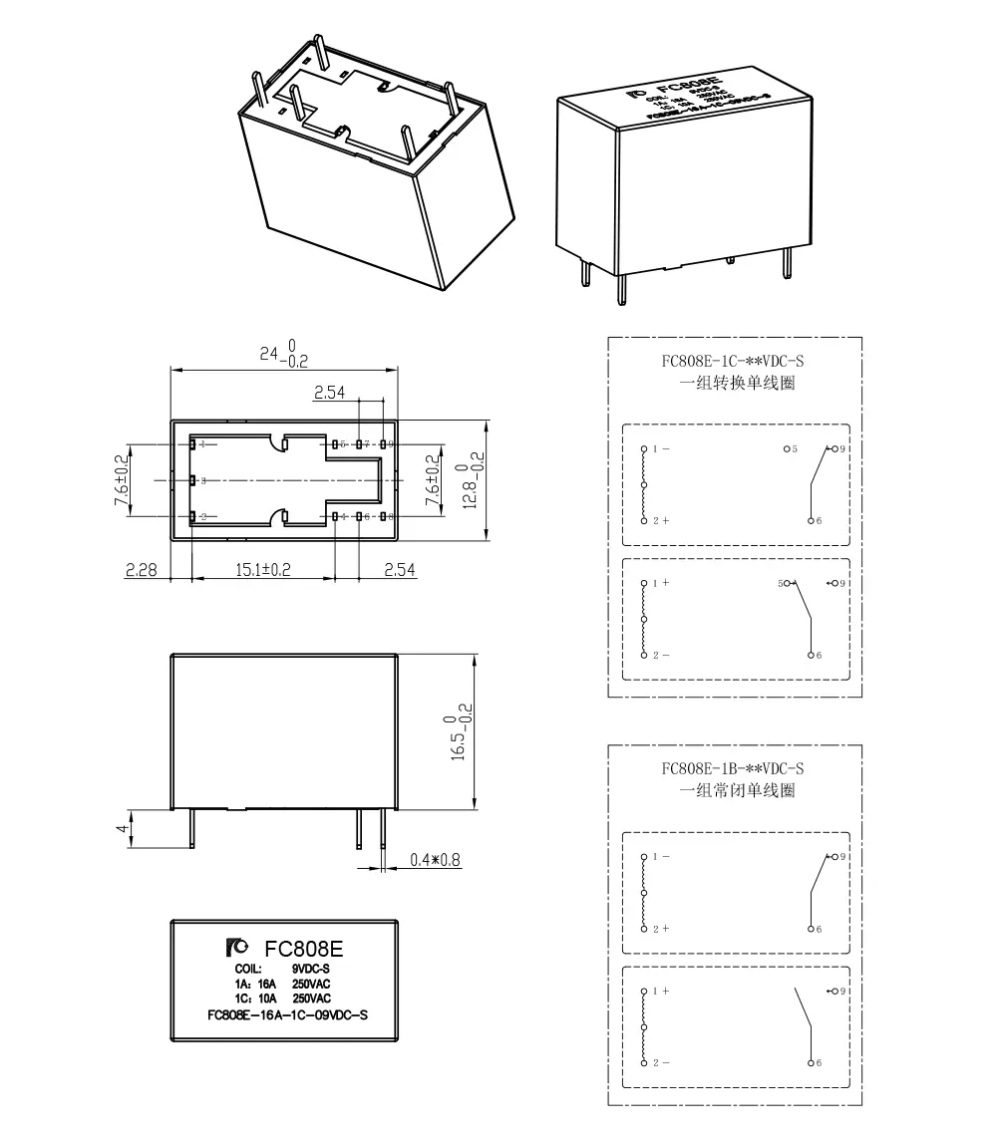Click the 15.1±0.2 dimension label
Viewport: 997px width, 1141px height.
[261, 570]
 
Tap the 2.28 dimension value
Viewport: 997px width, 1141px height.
[141, 570]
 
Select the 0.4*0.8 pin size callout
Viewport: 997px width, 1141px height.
[436, 859]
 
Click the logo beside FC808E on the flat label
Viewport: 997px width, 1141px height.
[238, 946]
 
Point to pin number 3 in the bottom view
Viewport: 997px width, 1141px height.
[203, 481]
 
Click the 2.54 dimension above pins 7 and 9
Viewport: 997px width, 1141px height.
[328, 394]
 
